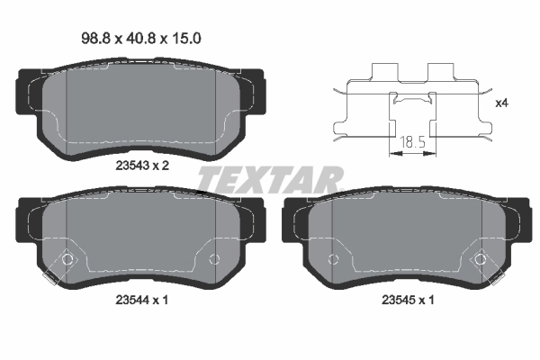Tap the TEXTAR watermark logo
click(x=270, y=179)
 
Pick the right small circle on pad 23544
click(x=213, y=260)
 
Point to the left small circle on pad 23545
click(x=333, y=260)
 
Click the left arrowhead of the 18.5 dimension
click(x=392, y=154)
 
